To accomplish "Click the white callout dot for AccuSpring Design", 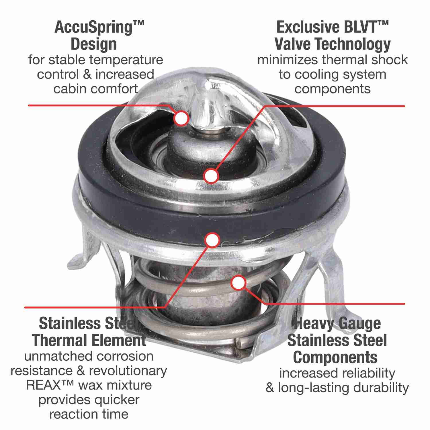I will (181, 118).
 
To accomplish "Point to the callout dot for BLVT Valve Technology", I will (212, 176).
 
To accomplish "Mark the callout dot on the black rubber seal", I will (212, 240).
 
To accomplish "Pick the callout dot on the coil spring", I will (239, 283).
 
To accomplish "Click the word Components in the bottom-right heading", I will (335, 357).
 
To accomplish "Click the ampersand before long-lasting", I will (270, 388).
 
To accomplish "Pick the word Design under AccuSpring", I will (93, 44).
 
